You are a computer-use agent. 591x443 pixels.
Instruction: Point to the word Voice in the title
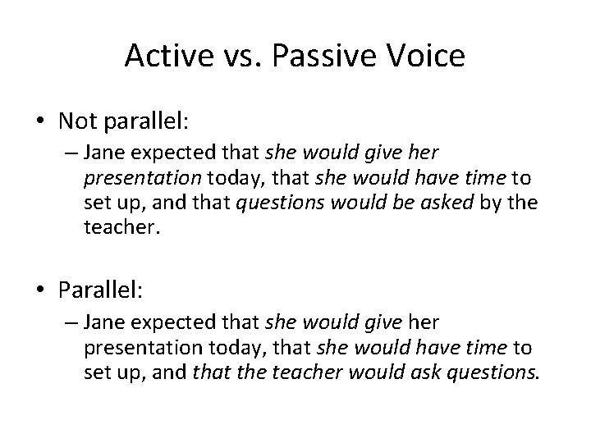426,57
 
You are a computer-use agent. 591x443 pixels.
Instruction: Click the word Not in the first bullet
76,121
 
